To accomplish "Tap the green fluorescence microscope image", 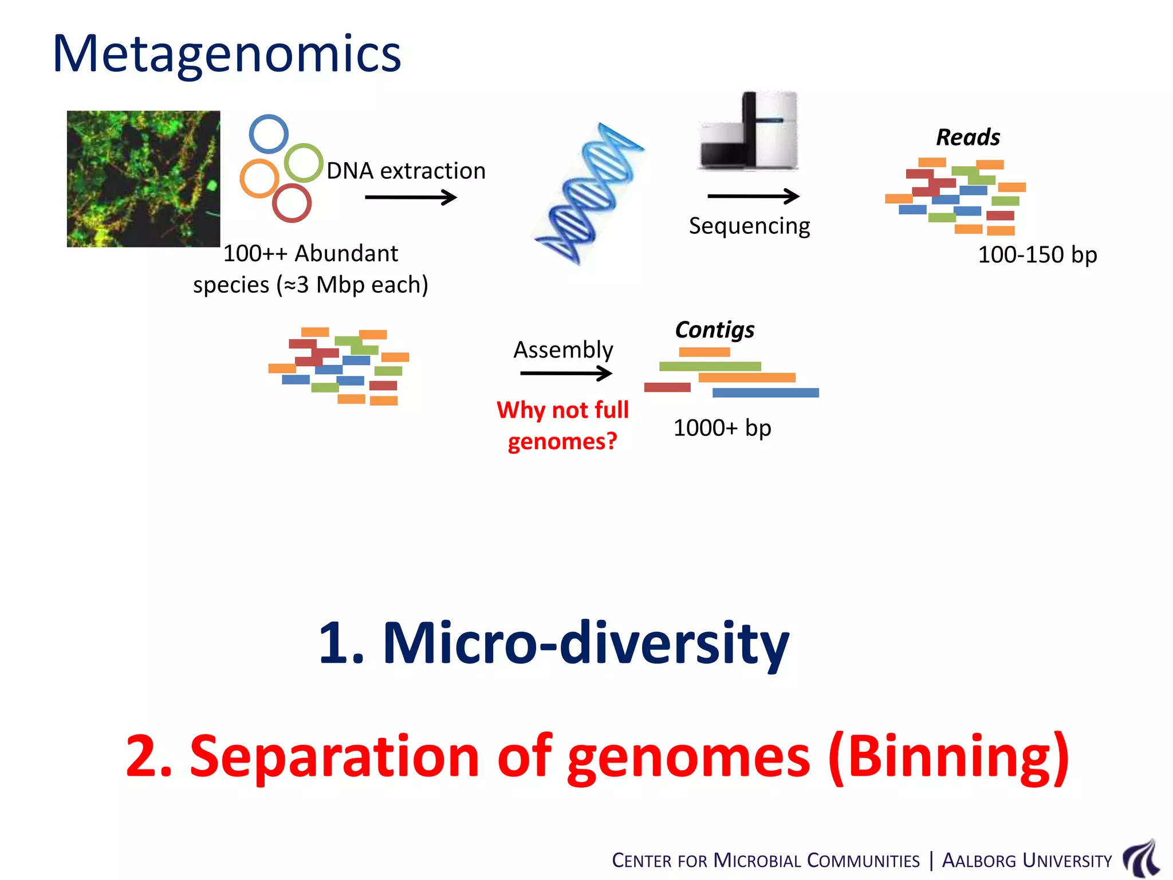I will tap(143, 179).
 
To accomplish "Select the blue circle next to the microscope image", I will tap(269, 134).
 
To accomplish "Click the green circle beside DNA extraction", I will tap(304, 163).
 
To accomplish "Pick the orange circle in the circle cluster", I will tap(259, 178).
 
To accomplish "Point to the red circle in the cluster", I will tap(292, 203).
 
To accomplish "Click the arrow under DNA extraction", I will tap(410, 198).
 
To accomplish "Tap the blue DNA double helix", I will tap(589, 194).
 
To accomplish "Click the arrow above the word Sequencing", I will tap(753, 197).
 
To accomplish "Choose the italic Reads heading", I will tap(968, 137).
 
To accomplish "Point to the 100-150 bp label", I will tap(1037, 255).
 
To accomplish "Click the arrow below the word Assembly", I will tap(565, 374).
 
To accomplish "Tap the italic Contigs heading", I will tap(714, 330).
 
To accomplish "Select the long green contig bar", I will tap(710, 366).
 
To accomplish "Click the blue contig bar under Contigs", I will tap(765, 392).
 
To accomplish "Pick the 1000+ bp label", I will tap(722, 428).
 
